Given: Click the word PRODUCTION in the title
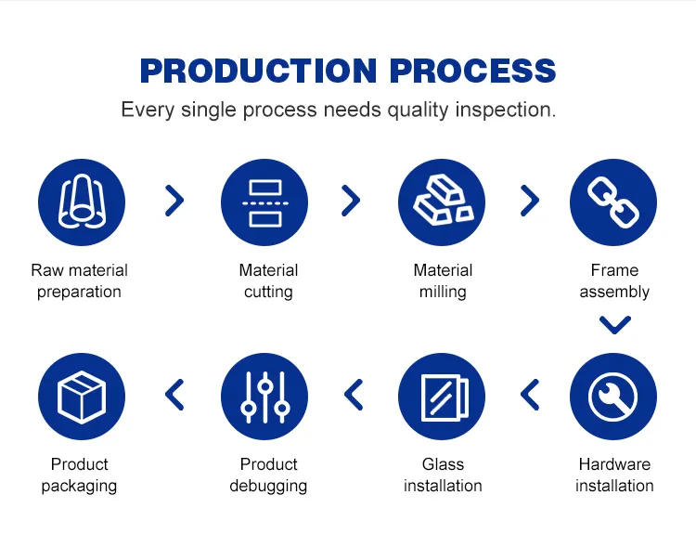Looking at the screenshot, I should point(259,72).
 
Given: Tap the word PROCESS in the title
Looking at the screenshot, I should point(473,72).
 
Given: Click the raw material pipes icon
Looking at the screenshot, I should point(80,202).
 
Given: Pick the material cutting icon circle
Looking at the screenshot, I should point(264,202).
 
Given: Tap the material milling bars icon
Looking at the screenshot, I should point(442,202).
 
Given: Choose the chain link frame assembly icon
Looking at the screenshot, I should point(613,202).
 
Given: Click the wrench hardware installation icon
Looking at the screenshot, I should point(613,397).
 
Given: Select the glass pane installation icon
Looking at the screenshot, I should point(442,397).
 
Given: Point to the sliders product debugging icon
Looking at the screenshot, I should point(264,397).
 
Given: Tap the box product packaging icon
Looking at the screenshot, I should point(80,397).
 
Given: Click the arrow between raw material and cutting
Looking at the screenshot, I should point(174,200).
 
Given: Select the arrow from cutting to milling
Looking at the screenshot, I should point(351,200).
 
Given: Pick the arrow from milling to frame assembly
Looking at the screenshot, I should point(530,200).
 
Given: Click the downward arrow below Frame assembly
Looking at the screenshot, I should point(614,325).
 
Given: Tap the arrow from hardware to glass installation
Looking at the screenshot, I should point(530,395).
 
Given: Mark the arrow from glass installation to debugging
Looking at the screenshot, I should point(354,395).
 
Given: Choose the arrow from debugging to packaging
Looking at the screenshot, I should point(174,395).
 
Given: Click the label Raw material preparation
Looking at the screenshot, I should point(80,281).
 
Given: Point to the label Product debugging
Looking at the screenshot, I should point(268,475).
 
